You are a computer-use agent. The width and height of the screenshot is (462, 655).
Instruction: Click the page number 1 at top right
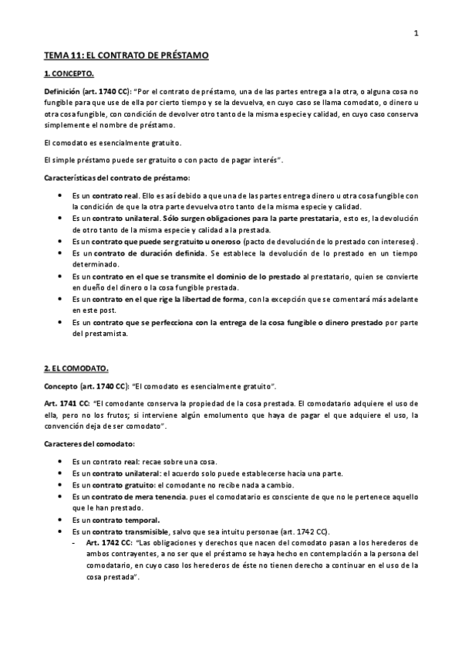tap(416, 33)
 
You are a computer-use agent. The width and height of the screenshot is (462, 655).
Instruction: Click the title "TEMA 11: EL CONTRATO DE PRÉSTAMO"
tap(126, 56)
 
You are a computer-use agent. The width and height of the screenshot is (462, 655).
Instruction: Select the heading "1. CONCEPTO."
tap(69, 74)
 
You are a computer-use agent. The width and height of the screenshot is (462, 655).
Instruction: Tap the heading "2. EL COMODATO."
tap(76, 369)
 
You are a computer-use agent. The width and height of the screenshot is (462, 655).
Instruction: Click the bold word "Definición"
tap(62, 91)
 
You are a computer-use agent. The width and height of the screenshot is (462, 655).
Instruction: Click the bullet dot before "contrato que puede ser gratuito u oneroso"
tap(62, 242)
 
